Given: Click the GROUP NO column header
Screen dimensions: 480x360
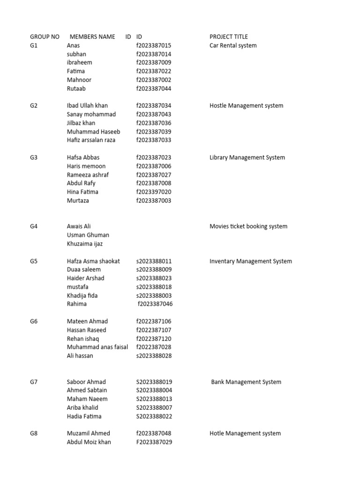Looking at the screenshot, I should [x=45, y=37].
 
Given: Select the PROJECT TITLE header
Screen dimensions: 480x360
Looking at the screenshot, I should [x=229, y=37].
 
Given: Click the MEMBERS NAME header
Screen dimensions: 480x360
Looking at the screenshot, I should [x=92, y=37].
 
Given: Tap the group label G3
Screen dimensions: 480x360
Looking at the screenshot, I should [x=34, y=157].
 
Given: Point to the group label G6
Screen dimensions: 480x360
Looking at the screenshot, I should [x=34, y=321].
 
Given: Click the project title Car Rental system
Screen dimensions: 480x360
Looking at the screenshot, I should [x=233, y=45].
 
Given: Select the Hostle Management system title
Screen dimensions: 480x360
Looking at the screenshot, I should [x=246, y=106].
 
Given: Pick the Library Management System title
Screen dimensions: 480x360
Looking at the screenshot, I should [x=247, y=157].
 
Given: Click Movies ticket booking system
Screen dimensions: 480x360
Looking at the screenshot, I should [x=248, y=226].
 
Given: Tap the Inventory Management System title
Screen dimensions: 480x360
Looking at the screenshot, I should [x=250, y=261].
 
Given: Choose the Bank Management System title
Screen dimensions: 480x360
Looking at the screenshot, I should [x=246, y=382].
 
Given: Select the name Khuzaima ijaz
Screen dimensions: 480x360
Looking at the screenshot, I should [x=85, y=244].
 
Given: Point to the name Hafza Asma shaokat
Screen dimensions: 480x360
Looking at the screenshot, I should [x=93, y=261].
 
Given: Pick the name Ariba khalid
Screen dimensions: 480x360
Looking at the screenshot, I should [x=82, y=408].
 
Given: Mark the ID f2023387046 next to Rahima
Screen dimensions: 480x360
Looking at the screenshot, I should [x=155, y=304].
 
